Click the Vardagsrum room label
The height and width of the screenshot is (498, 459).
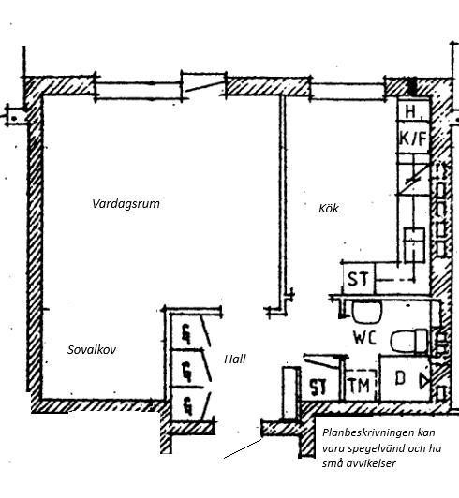pyautogui.click(x=126, y=204)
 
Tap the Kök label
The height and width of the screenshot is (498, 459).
pyautogui.click(x=329, y=209)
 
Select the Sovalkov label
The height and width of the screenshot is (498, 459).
pyautogui.click(x=92, y=350)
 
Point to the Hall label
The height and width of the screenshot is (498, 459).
pyautogui.click(x=235, y=359)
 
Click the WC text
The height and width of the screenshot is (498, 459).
pyautogui.click(x=365, y=338)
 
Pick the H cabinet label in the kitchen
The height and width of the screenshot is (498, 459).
pyautogui.click(x=410, y=111)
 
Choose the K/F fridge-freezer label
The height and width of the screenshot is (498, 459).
pyautogui.click(x=413, y=139)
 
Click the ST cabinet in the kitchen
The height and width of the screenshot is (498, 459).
pyautogui.click(x=359, y=279)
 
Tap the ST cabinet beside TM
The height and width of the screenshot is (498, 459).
pyautogui.click(x=318, y=387)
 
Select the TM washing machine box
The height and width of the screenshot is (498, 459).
pyautogui.click(x=360, y=386)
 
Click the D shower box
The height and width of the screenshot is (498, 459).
pyautogui.click(x=405, y=378)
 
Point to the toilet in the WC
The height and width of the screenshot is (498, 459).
pyautogui.click(x=409, y=342)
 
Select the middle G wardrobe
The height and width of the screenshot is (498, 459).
pyautogui.click(x=186, y=369)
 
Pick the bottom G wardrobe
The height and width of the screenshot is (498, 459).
pyautogui.click(x=187, y=405)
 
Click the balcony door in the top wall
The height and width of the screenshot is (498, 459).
pyautogui.click(x=204, y=86)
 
